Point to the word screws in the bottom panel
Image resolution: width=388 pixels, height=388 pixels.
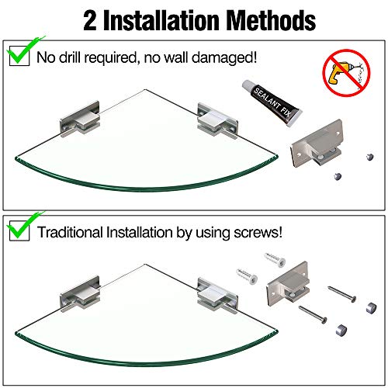(268, 232)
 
